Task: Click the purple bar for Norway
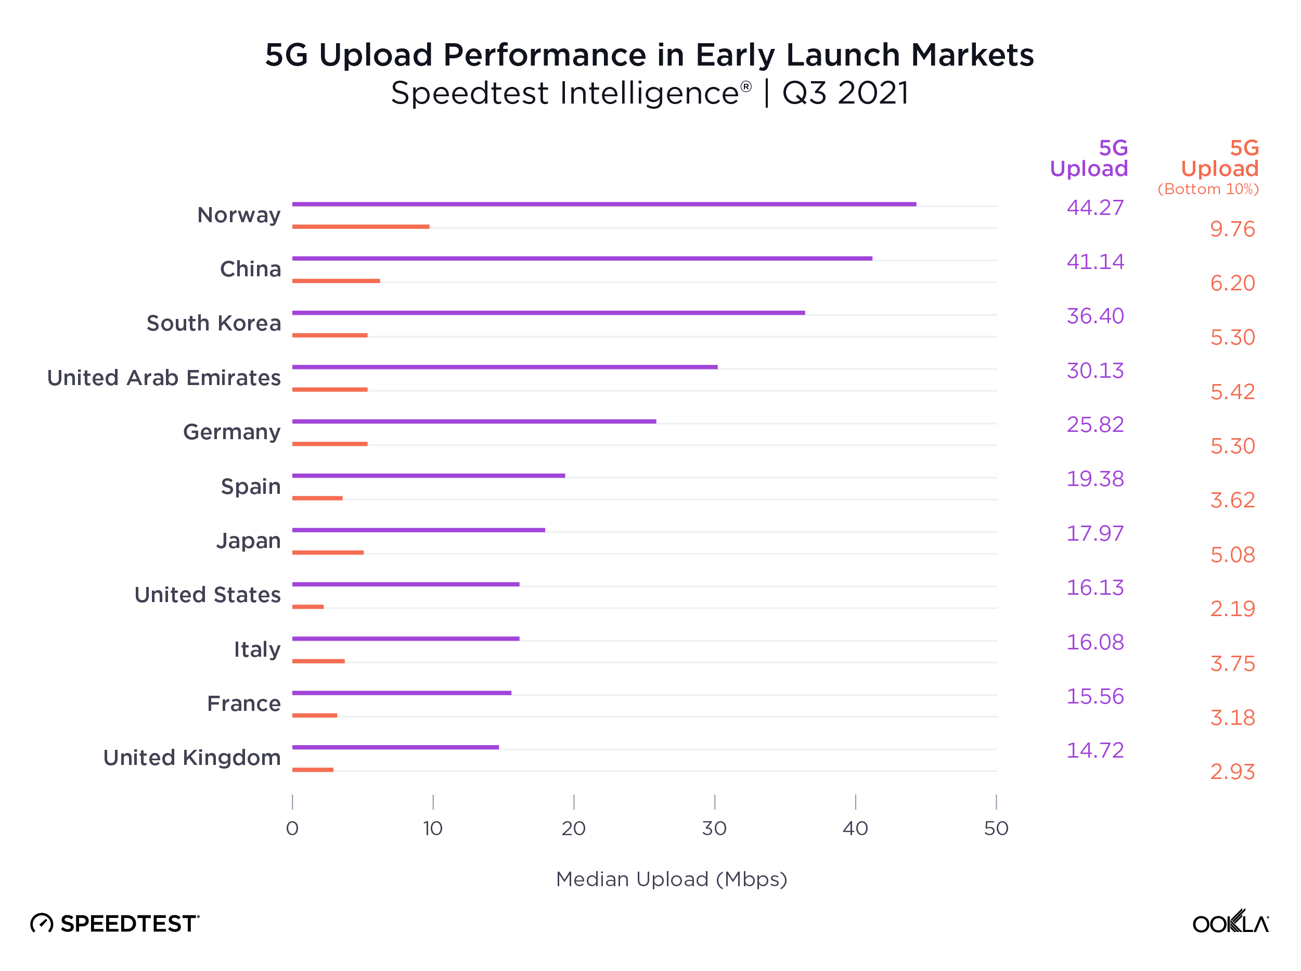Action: coord(603,204)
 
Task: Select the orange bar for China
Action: coord(336,281)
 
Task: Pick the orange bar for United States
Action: coord(307,607)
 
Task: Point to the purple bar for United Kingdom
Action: coord(395,747)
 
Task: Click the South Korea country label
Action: coord(213,323)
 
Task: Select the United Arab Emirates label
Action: coord(163,378)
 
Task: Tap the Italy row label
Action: coord(257,649)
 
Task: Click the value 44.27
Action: coord(1094,208)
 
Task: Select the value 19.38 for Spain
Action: coord(1094,479)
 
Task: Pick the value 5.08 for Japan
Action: coord(1232,555)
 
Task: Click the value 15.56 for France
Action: coord(1094,697)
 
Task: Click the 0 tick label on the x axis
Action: coord(292,828)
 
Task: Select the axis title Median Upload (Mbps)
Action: coord(671,879)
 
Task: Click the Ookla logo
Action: coord(1230,922)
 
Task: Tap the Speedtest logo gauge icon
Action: coord(42,924)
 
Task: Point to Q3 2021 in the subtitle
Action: coord(845,94)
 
